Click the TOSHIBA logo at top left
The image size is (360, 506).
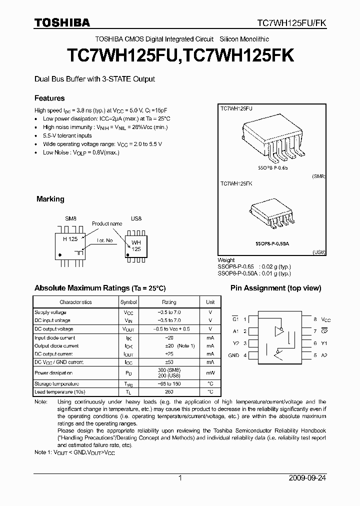pyautogui.click(x=62, y=22)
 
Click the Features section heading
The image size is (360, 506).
pyautogui.click(x=49, y=98)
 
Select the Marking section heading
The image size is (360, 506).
pyautogui.click(x=50, y=199)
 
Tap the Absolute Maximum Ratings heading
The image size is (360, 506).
pyautogui.click(x=99, y=288)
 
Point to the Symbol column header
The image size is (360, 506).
pyautogui.click(x=128, y=302)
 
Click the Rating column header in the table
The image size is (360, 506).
pyautogui.click(x=169, y=302)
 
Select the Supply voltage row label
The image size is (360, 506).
pyautogui.click(x=50, y=312)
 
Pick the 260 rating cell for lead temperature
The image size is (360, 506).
pyautogui.click(x=169, y=391)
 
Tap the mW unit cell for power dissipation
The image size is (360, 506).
pyautogui.click(x=210, y=373)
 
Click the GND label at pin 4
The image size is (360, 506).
pyautogui.click(x=233, y=355)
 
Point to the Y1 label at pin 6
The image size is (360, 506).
pyautogui.click(x=323, y=343)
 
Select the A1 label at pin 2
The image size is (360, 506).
pyautogui.click(x=235, y=331)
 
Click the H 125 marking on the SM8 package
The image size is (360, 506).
pyautogui.click(x=70, y=239)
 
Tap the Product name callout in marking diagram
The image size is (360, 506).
pyautogui.click(x=106, y=223)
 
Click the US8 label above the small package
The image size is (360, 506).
pyautogui.click(x=136, y=219)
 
